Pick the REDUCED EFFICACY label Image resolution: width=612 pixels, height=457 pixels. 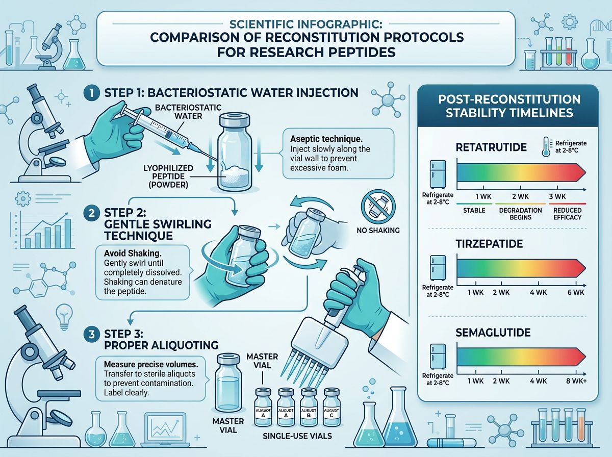(567, 213)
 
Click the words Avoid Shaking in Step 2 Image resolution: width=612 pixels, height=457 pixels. (118, 253)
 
